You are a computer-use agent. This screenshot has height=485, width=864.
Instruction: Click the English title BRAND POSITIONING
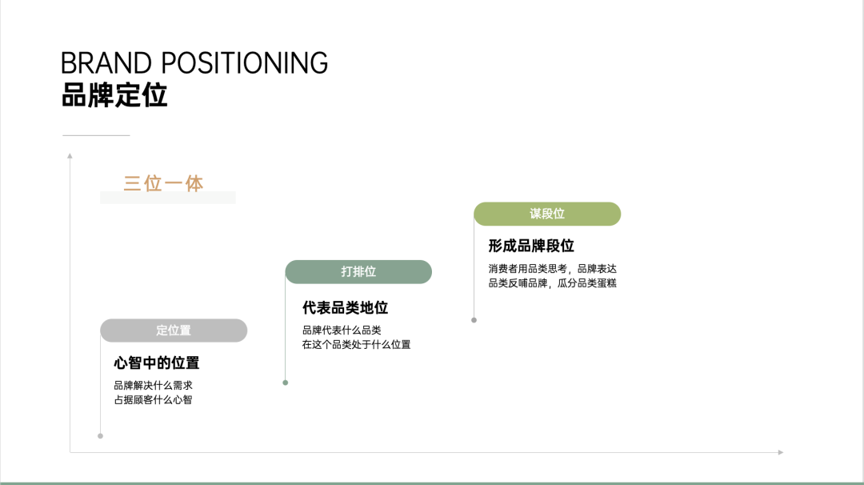tap(194, 63)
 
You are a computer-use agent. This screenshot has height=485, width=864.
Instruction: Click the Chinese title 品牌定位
tap(114, 95)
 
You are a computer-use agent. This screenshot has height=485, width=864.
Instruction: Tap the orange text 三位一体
tap(163, 183)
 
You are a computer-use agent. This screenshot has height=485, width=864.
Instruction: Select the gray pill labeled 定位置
tap(174, 331)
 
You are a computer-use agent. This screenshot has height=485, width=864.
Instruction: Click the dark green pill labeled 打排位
tap(358, 272)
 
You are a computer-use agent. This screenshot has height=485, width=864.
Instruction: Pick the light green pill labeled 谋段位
tap(547, 214)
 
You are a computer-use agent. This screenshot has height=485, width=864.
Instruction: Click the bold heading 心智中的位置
tap(157, 363)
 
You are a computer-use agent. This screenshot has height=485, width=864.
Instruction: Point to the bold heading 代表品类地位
tap(345, 308)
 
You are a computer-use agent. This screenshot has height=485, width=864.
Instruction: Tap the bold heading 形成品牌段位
tap(531, 246)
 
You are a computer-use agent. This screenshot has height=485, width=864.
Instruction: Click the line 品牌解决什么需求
tap(153, 385)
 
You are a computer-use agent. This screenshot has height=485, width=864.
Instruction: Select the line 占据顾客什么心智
tap(153, 399)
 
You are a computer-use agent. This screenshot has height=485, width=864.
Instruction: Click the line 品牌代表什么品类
tap(342, 330)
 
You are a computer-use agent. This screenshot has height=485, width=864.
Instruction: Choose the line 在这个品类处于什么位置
tap(356, 345)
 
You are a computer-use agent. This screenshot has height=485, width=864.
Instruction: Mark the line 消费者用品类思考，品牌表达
tap(553, 268)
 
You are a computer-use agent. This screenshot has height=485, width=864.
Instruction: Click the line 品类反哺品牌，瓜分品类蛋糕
tap(553, 283)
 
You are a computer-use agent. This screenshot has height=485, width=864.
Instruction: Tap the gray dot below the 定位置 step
tap(100, 436)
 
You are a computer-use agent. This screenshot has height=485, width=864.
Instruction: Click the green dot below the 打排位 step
tap(286, 383)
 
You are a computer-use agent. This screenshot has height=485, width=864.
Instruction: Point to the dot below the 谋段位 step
tap(474, 320)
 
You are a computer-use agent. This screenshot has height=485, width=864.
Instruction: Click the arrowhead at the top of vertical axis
tap(70, 155)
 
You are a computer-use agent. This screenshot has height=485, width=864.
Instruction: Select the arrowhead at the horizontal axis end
tap(781, 453)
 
